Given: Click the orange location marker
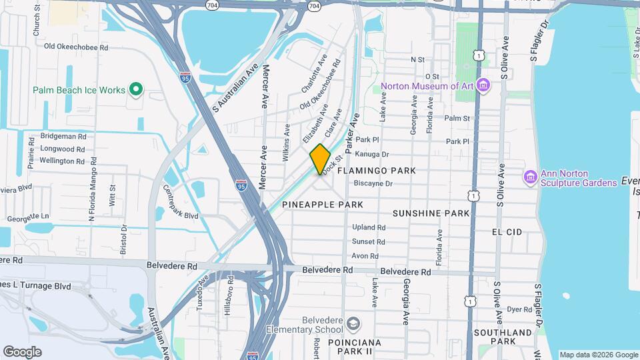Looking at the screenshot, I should tap(320, 159).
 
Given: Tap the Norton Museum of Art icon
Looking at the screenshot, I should tap(484, 86).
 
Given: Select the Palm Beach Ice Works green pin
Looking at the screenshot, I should tap(136, 89).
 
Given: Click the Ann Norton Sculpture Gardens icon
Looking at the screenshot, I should tap(531, 177).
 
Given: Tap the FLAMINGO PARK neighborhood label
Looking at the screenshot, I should tap(377, 171).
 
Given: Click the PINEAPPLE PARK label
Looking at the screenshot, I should tap(323, 204).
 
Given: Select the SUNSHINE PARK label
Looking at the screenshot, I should tap(431, 213).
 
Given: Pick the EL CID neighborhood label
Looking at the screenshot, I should tap(507, 231).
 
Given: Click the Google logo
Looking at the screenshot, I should tap(22, 352).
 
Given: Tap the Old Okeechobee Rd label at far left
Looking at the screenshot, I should tap(75, 47).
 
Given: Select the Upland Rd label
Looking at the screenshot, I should tap(369, 227).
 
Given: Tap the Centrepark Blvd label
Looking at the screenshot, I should tap(180, 201).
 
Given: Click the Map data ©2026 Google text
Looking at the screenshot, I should tap(598, 355).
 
